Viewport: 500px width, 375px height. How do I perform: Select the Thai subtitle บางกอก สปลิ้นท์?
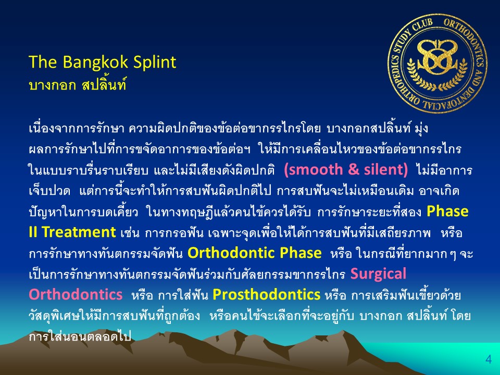(78, 85)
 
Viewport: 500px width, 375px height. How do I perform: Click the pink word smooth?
(312, 169)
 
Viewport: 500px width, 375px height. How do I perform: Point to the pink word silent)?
(386, 169)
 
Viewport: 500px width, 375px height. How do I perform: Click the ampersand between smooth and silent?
(353, 169)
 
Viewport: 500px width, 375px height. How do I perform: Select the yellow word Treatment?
(79, 232)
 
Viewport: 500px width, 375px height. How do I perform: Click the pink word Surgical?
(378, 274)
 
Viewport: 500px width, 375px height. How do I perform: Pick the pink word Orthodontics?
(76, 294)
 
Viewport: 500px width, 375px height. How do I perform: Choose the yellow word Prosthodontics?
(266, 294)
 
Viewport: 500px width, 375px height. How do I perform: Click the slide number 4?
(489, 359)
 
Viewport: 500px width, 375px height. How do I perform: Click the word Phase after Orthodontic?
(301, 253)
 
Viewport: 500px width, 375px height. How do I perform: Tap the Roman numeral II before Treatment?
(33, 232)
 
